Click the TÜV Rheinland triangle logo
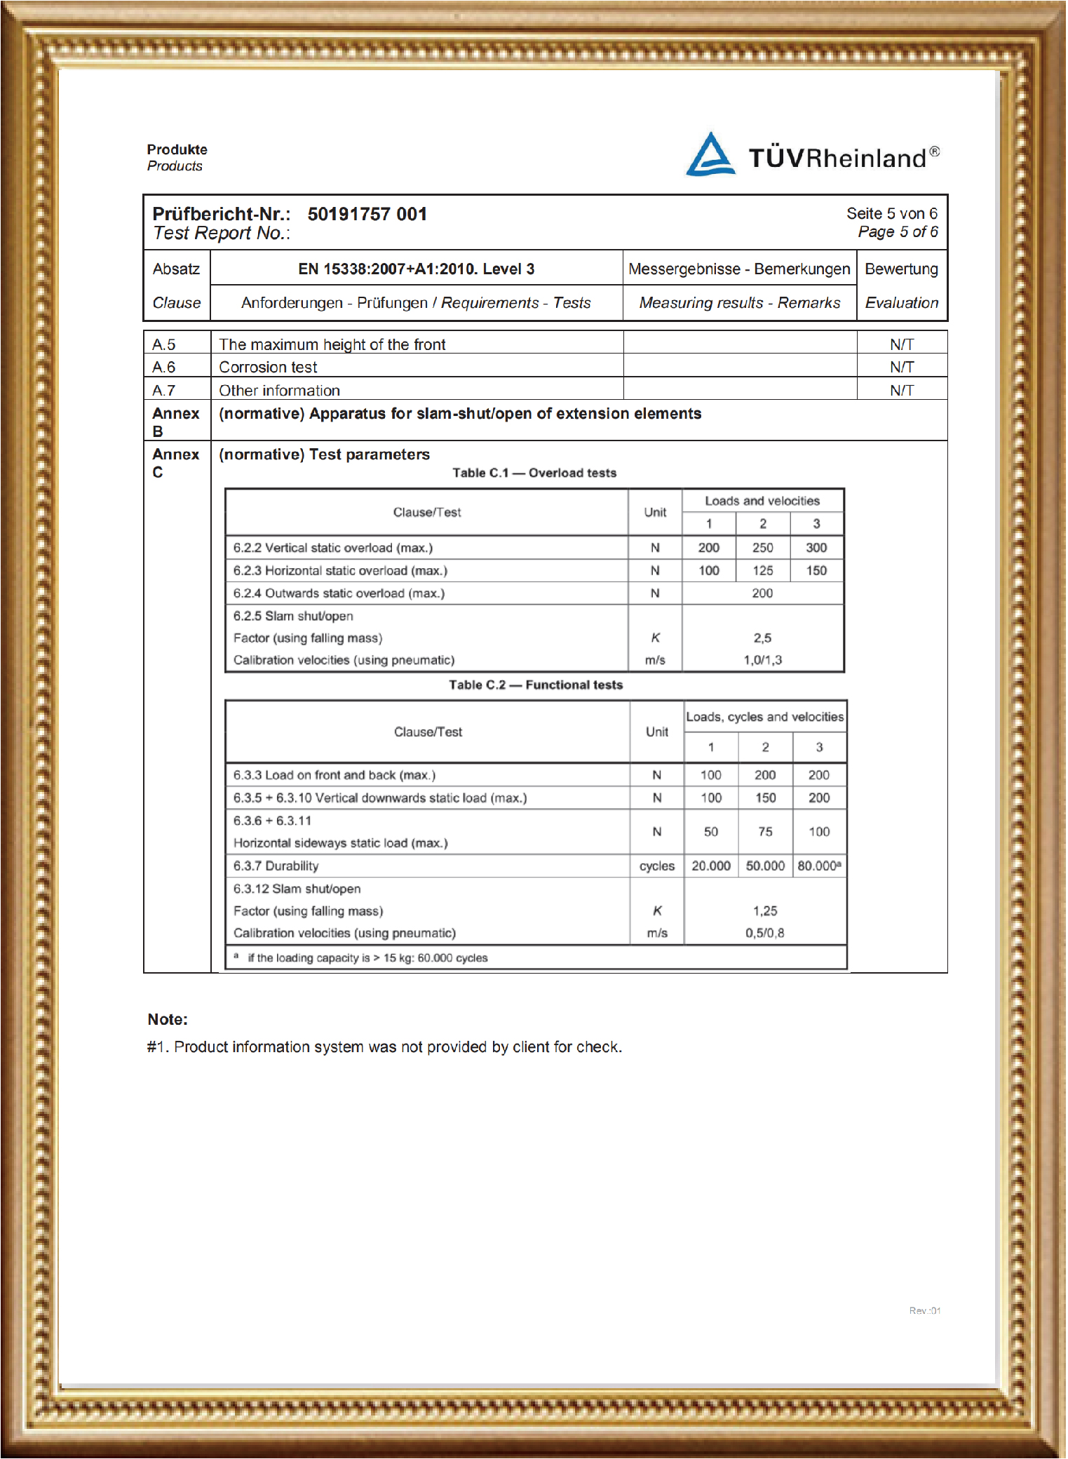[710, 154]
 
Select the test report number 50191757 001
[367, 214]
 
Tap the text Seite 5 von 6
[891, 213]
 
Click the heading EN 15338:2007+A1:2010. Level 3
[416, 269]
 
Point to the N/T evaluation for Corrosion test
[901, 367]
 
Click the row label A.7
[163, 390]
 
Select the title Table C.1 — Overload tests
[534, 473]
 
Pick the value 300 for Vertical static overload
[816, 548]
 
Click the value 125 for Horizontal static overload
[763, 571]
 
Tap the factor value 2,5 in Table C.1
[762, 638]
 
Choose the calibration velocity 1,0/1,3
[762, 660]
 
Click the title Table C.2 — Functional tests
[536, 685]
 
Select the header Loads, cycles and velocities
[764, 717]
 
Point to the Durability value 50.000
[765, 866]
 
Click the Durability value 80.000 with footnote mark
[819, 866]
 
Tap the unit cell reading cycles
[656, 866]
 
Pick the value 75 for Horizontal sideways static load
[765, 832]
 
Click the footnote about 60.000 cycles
[367, 958]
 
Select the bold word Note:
[168, 1019]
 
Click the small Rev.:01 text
[924, 1310]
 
